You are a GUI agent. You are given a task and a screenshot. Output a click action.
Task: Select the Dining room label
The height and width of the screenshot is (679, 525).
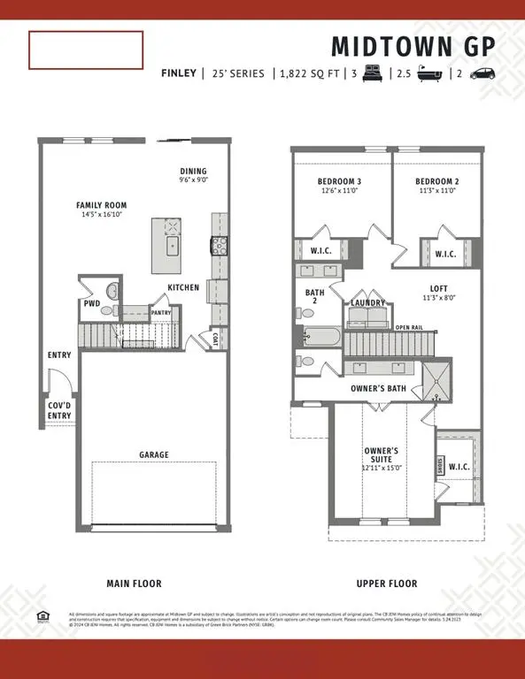click(x=193, y=171)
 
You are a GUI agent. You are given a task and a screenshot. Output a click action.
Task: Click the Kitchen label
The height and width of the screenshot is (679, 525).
click(x=183, y=287)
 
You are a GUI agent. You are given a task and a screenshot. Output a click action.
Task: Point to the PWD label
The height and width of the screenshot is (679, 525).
click(x=91, y=302)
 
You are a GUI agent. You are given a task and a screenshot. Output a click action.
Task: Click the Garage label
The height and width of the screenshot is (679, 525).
click(x=153, y=454)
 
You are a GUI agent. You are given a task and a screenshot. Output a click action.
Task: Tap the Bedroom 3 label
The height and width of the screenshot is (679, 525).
click(x=339, y=182)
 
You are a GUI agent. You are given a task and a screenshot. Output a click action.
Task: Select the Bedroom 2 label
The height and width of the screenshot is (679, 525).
click(x=436, y=182)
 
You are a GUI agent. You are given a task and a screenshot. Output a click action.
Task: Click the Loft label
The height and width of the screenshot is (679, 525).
click(x=438, y=287)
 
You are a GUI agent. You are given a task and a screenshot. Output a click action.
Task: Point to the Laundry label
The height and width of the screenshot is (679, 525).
click(x=367, y=303)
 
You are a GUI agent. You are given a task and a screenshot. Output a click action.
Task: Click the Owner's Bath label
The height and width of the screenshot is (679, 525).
click(x=378, y=387)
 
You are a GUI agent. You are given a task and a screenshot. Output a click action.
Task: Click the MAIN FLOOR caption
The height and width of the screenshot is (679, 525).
click(x=134, y=584)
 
